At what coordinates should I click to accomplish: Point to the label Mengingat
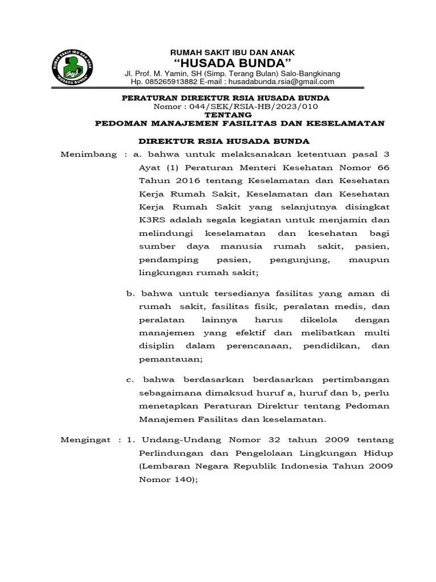click(x=88, y=440)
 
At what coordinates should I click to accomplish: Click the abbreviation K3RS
click(x=152, y=220)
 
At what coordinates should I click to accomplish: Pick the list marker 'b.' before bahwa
click(x=129, y=293)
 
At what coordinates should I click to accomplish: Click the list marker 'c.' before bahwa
click(x=129, y=380)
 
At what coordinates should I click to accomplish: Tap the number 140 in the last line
click(x=181, y=479)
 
